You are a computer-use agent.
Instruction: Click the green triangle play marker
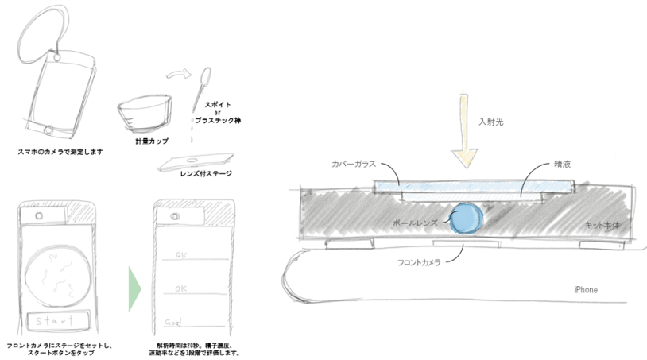[x=134, y=289]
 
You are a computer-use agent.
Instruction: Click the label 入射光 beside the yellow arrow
[x=490, y=122]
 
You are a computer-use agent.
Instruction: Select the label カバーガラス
[x=353, y=164]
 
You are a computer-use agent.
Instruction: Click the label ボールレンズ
[x=415, y=223]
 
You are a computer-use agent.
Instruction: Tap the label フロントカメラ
[x=419, y=262]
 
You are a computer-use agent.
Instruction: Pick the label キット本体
[x=602, y=225]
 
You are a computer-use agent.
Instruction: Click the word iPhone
[x=585, y=290]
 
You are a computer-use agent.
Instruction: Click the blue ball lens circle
[x=465, y=218]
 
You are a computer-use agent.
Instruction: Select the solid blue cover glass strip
[x=445, y=186]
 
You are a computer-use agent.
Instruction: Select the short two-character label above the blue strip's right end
[x=562, y=164]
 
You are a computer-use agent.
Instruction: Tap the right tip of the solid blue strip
[x=570, y=186]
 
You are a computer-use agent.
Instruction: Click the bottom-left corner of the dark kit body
[x=300, y=237]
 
